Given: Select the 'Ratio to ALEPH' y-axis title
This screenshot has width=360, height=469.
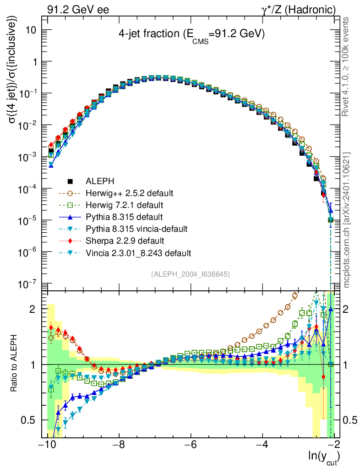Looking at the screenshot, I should click(x=15, y=365).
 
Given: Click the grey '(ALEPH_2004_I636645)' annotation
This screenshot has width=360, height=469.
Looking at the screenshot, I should click(x=190, y=274).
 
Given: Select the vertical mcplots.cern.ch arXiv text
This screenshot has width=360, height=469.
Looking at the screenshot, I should click(x=347, y=220).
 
